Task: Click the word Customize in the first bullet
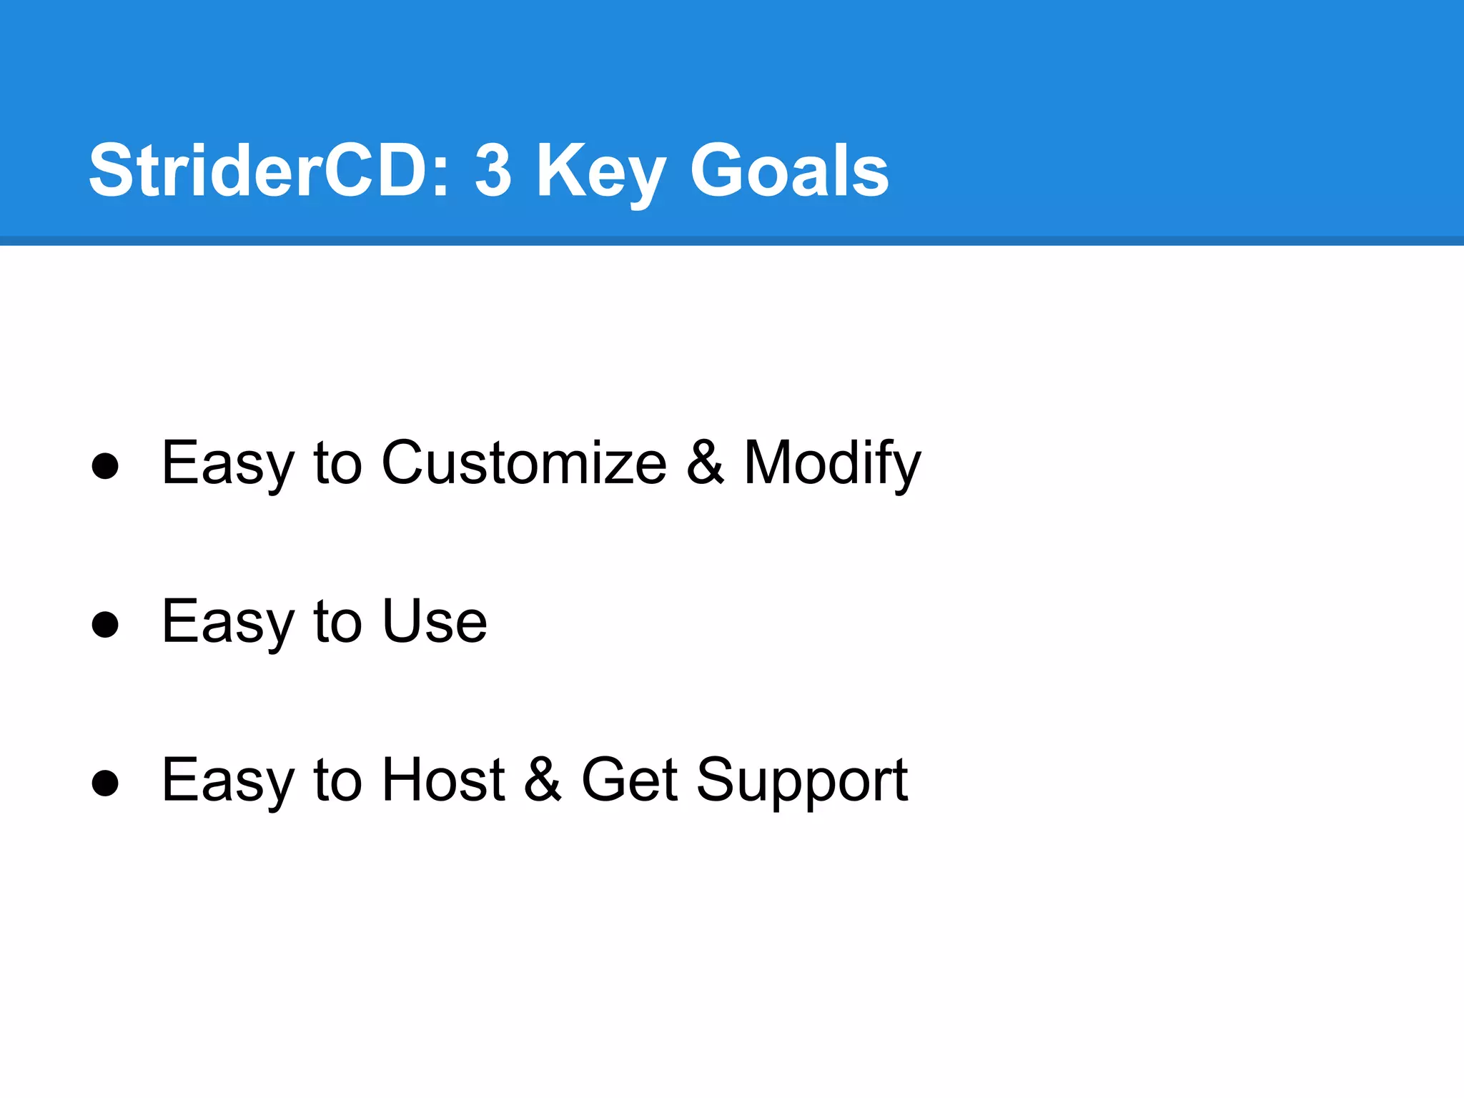[x=524, y=463]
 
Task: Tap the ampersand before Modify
[x=706, y=463]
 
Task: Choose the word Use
[x=435, y=621]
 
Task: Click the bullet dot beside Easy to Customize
[x=105, y=466]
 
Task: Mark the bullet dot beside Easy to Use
[x=105, y=624]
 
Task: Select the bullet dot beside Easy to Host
[x=105, y=783]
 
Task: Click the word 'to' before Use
[x=337, y=621]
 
